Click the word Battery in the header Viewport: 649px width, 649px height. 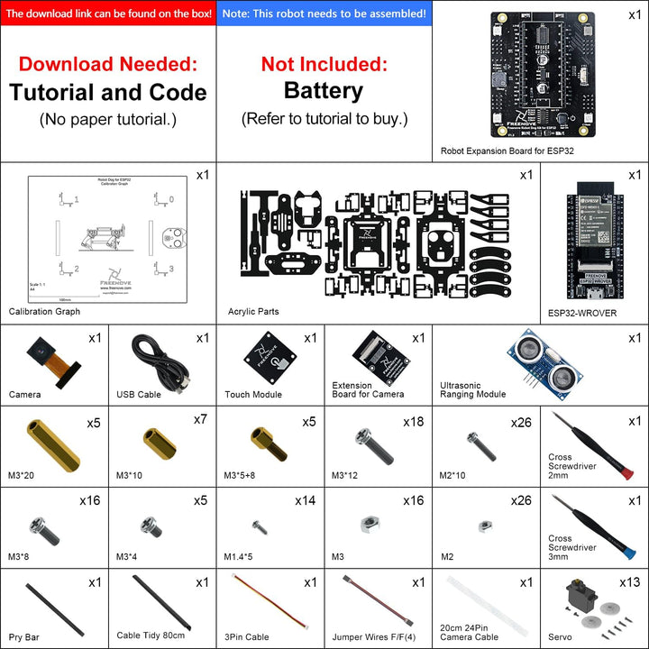point(324,91)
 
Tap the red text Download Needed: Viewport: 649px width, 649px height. point(107,64)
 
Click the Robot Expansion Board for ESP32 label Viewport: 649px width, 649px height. point(507,151)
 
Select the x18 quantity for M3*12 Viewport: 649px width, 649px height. point(414,422)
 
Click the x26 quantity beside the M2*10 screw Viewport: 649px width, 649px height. point(522,422)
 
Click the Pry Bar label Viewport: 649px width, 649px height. point(26,636)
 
